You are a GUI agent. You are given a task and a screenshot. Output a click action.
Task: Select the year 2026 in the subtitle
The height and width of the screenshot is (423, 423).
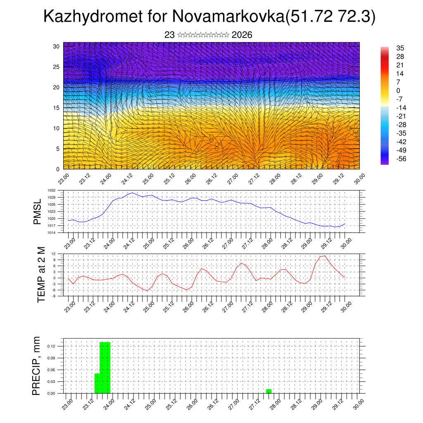[242, 35]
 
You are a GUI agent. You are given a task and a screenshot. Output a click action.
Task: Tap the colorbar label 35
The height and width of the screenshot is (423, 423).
[400, 48]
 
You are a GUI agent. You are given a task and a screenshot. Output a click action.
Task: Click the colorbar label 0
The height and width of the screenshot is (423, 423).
[398, 91]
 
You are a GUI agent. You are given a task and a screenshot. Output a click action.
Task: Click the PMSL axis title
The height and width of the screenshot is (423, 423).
[38, 212]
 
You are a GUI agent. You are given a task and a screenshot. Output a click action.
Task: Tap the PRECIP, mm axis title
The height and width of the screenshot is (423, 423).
[37, 366]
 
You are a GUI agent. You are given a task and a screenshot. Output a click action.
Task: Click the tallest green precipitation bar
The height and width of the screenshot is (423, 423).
[105, 367]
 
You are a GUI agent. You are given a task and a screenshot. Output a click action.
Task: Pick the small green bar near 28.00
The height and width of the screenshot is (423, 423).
[269, 391]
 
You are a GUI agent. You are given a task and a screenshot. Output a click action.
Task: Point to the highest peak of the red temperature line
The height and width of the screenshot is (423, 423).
[325, 256]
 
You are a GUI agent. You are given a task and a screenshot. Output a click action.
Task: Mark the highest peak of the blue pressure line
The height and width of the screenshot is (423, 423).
[133, 192]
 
